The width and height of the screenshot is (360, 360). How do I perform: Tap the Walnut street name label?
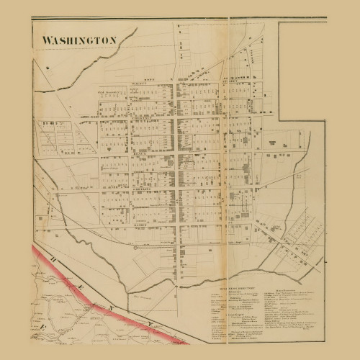[139, 84]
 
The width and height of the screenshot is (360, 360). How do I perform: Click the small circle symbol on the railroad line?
[135, 247]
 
